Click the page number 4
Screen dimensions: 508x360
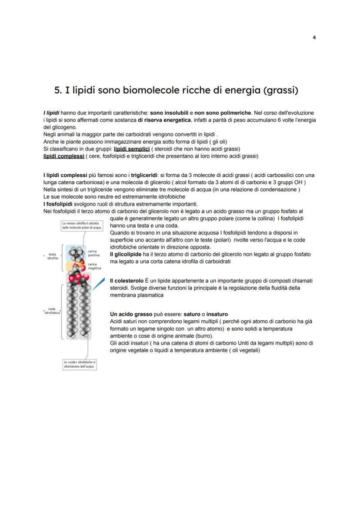coord(314,37)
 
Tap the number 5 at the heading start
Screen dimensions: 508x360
coord(57,90)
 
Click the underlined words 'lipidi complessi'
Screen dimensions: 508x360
coord(63,156)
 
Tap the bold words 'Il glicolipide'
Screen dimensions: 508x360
coord(126,254)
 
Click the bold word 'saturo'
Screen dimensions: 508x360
coord(192,314)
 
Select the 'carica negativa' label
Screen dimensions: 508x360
coord(94,266)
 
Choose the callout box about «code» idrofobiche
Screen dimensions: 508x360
coord(80,364)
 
